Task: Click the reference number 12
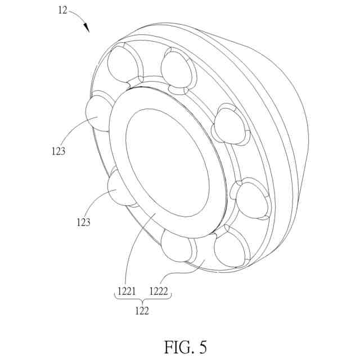pos(63,10)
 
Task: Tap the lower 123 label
pos(84,222)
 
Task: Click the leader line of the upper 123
pos(73,132)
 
